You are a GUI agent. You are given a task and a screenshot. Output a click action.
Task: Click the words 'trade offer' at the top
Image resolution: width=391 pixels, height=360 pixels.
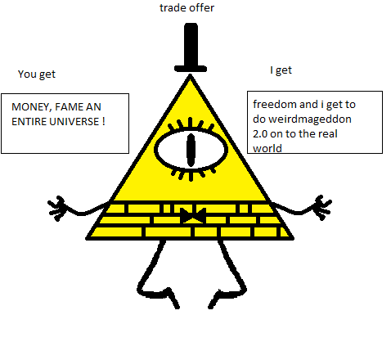click(x=187, y=7)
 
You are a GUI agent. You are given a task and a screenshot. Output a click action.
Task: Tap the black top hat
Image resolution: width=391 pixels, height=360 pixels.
click(x=191, y=47)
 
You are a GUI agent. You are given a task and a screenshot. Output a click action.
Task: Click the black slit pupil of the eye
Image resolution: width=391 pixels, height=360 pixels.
click(x=191, y=150)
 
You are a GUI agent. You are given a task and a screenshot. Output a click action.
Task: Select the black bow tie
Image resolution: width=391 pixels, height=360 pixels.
click(x=193, y=215)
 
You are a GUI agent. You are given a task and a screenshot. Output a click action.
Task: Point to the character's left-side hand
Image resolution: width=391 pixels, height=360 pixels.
click(x=57, y=208)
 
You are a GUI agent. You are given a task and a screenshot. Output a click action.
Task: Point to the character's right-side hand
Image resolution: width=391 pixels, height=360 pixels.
click(x=322, y=207)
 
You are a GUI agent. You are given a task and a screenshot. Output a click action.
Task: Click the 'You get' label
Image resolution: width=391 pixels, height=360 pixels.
click(x=37, y=74)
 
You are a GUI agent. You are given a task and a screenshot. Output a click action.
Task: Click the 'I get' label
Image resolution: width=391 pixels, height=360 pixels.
click(x=281, y=70)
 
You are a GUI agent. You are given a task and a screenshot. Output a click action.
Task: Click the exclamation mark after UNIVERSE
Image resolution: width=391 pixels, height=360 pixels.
click(x=104, y=121)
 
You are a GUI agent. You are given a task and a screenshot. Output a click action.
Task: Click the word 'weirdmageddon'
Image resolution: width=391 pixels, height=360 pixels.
click(x=310, y=119)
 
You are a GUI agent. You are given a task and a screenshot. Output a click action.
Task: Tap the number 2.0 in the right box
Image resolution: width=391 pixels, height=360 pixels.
click(x=260, y=134)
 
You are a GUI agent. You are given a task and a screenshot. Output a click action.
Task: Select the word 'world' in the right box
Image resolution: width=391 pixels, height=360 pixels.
click(x=267, y=149)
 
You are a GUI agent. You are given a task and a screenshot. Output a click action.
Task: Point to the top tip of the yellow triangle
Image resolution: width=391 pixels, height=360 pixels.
click(x=191, y=74)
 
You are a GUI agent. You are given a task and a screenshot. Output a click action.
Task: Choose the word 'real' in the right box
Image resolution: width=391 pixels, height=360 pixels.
click(x=330, y=134)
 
